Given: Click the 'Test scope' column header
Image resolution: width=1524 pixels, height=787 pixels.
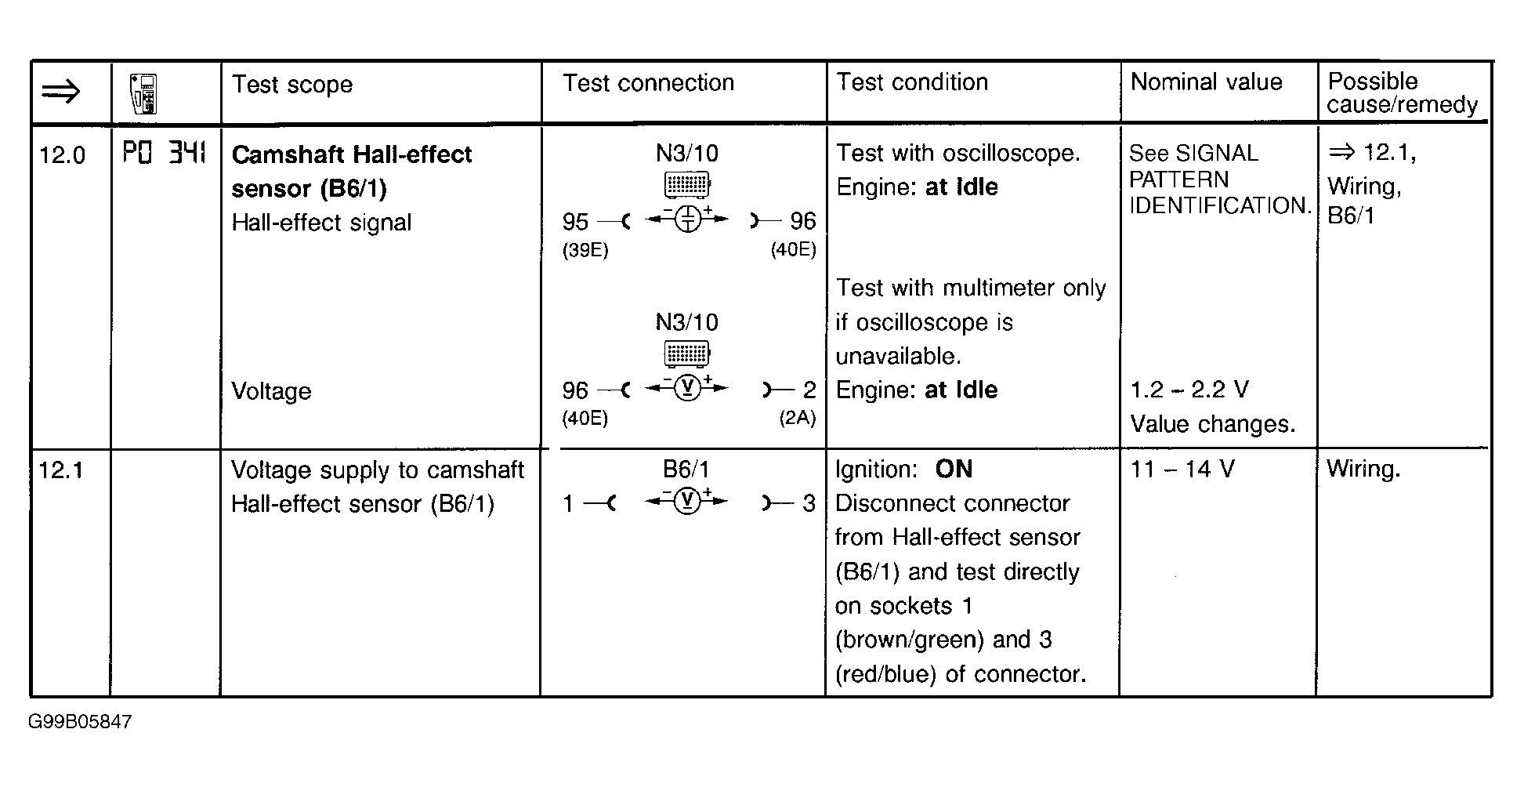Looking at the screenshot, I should (x=291, y=85).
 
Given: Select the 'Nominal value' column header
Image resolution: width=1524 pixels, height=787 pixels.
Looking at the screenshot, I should (x=1206, y=82).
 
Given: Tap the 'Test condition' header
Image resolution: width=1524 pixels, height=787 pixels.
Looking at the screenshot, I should (x=912, y=82).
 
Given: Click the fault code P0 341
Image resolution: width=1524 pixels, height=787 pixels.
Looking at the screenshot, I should (x=164, y=153).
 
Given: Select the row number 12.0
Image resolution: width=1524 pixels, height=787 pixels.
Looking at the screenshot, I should (x=62, y=155).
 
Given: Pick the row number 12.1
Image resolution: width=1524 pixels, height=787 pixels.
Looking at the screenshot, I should (x=60, y=470).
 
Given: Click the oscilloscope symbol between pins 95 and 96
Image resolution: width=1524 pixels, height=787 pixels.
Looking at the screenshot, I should (x=687, y=219).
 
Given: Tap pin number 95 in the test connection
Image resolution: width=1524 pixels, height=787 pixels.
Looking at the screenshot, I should (x=575, y=222).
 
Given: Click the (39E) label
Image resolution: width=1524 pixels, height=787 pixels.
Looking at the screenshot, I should (x=585, y=250).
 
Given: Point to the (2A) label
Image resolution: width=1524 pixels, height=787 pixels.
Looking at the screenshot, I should (x=797, y=418).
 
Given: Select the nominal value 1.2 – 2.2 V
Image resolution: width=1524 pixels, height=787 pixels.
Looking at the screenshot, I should (x=1189, y=390).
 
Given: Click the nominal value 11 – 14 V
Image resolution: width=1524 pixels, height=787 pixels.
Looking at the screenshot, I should (x=1182, y=470).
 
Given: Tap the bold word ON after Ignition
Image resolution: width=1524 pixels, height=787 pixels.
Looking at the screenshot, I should (x=954, y=470).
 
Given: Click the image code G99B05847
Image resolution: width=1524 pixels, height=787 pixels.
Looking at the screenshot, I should (x=80, y=722).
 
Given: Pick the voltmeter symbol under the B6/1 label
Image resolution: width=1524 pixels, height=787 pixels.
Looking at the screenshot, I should (x=687, y=502).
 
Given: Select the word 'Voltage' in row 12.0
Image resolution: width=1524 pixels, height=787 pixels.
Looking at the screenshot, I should (x=271, y=391).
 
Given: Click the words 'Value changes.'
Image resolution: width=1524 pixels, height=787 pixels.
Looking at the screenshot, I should (x=1212, y=424).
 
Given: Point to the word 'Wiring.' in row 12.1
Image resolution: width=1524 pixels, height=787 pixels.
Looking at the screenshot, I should (x=1363, y=470).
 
